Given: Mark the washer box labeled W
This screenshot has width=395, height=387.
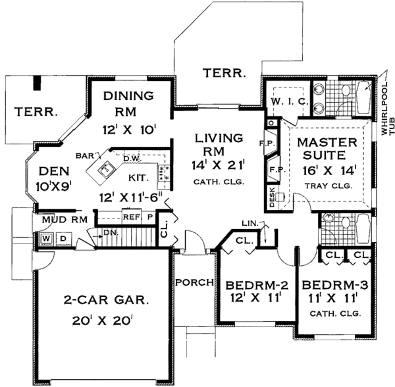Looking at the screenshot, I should [47, 238].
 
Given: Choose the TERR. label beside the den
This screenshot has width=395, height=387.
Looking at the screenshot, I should [31, 110].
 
